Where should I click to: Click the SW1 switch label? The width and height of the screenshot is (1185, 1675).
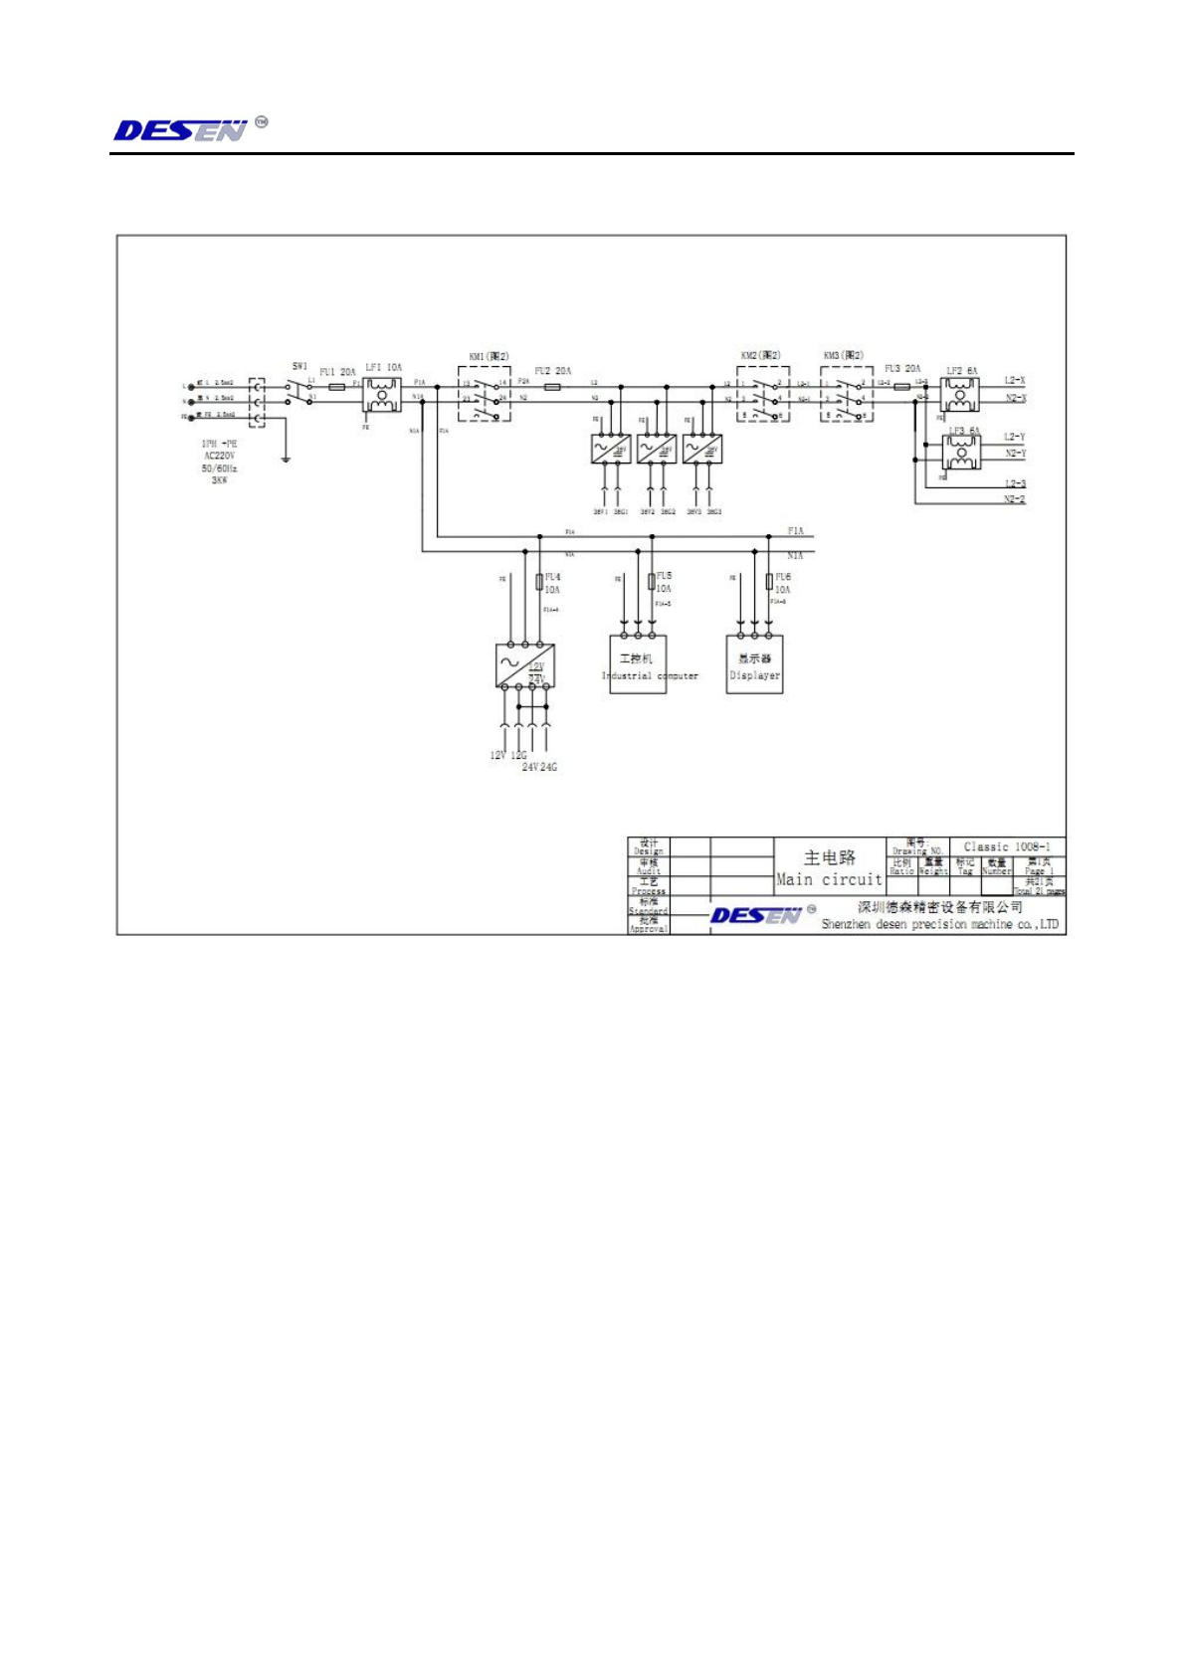tap(299, 366)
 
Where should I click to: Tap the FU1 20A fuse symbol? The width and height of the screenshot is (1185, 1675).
tap(337, 385)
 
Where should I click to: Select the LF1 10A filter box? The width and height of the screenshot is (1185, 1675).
tap(380, 394)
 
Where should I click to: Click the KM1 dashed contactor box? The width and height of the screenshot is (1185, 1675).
tap(485, 393)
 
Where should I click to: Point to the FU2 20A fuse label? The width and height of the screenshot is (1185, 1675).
tap(553, 371)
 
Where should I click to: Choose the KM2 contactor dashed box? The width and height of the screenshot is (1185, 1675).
tap(763, 394)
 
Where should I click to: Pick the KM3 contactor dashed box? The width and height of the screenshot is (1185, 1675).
tap(847, 394)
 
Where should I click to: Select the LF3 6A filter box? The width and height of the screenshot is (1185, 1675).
tap(960, 453)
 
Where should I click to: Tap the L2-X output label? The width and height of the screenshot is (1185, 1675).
tap(1014, 381)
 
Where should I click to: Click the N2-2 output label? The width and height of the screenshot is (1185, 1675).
tap(1014, 499)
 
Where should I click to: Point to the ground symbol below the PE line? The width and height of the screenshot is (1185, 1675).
tap(286, 458)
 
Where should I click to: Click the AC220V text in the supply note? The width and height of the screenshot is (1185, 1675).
tap(219, 457)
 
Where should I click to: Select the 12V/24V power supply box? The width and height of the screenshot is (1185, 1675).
tap(524, 665)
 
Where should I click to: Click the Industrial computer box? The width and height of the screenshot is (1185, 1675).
tap(638, 664)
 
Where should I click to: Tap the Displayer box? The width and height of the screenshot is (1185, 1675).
tap(754, 664)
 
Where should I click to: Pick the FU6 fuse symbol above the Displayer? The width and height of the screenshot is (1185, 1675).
tap(769, 581)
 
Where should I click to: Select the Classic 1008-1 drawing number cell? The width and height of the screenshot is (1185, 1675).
tap(1006, 846)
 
